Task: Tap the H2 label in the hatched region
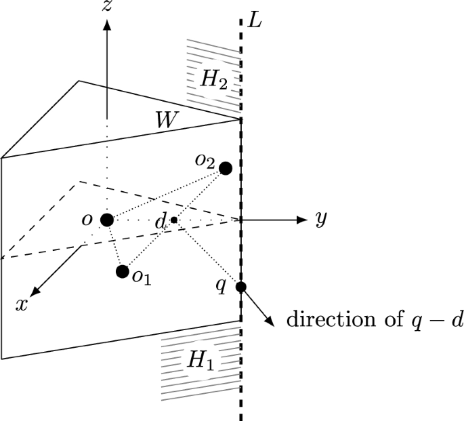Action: (213, 80)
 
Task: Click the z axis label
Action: (106, 7)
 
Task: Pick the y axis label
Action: (321, 220)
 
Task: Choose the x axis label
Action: (22, 304)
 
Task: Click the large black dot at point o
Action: (106, 220)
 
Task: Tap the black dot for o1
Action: (123, 272)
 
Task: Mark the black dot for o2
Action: (226, 167)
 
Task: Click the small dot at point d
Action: (174, 220)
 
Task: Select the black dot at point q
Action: (240, 287)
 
